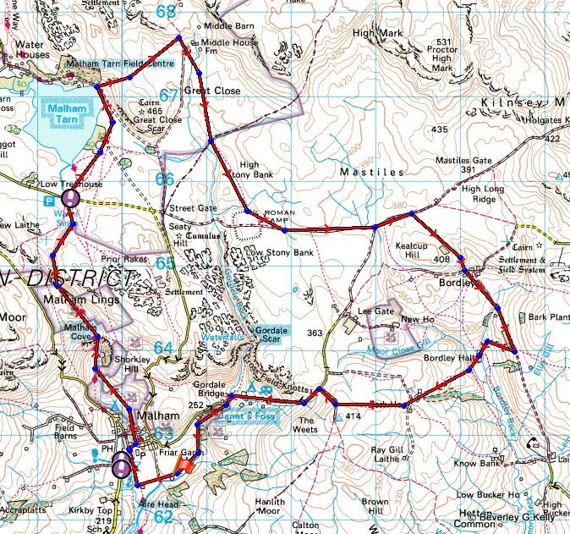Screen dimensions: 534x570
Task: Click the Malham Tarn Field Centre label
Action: tap(119, 63)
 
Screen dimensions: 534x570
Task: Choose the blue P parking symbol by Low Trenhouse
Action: tap(48, 202)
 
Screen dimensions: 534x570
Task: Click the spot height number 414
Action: tap(354, 418)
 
